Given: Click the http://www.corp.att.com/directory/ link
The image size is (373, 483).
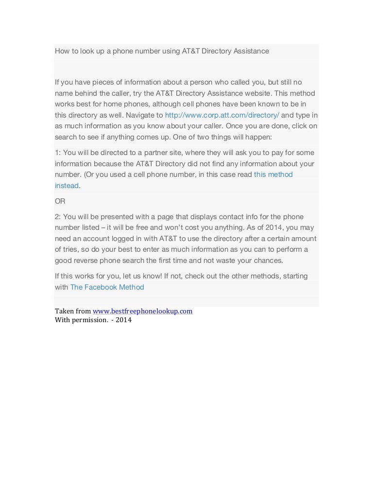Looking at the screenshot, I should pos(222,115).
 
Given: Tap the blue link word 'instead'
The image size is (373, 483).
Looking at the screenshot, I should pos(67,186).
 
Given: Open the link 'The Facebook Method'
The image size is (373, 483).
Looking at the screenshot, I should pos(107,287).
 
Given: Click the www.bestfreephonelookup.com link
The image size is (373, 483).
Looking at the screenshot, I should pos(143,311).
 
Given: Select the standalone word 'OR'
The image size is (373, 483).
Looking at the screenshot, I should pos(60,201).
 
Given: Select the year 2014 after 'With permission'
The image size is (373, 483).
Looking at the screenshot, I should pos(123,320).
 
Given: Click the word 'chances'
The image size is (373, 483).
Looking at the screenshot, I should pos(269,260).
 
